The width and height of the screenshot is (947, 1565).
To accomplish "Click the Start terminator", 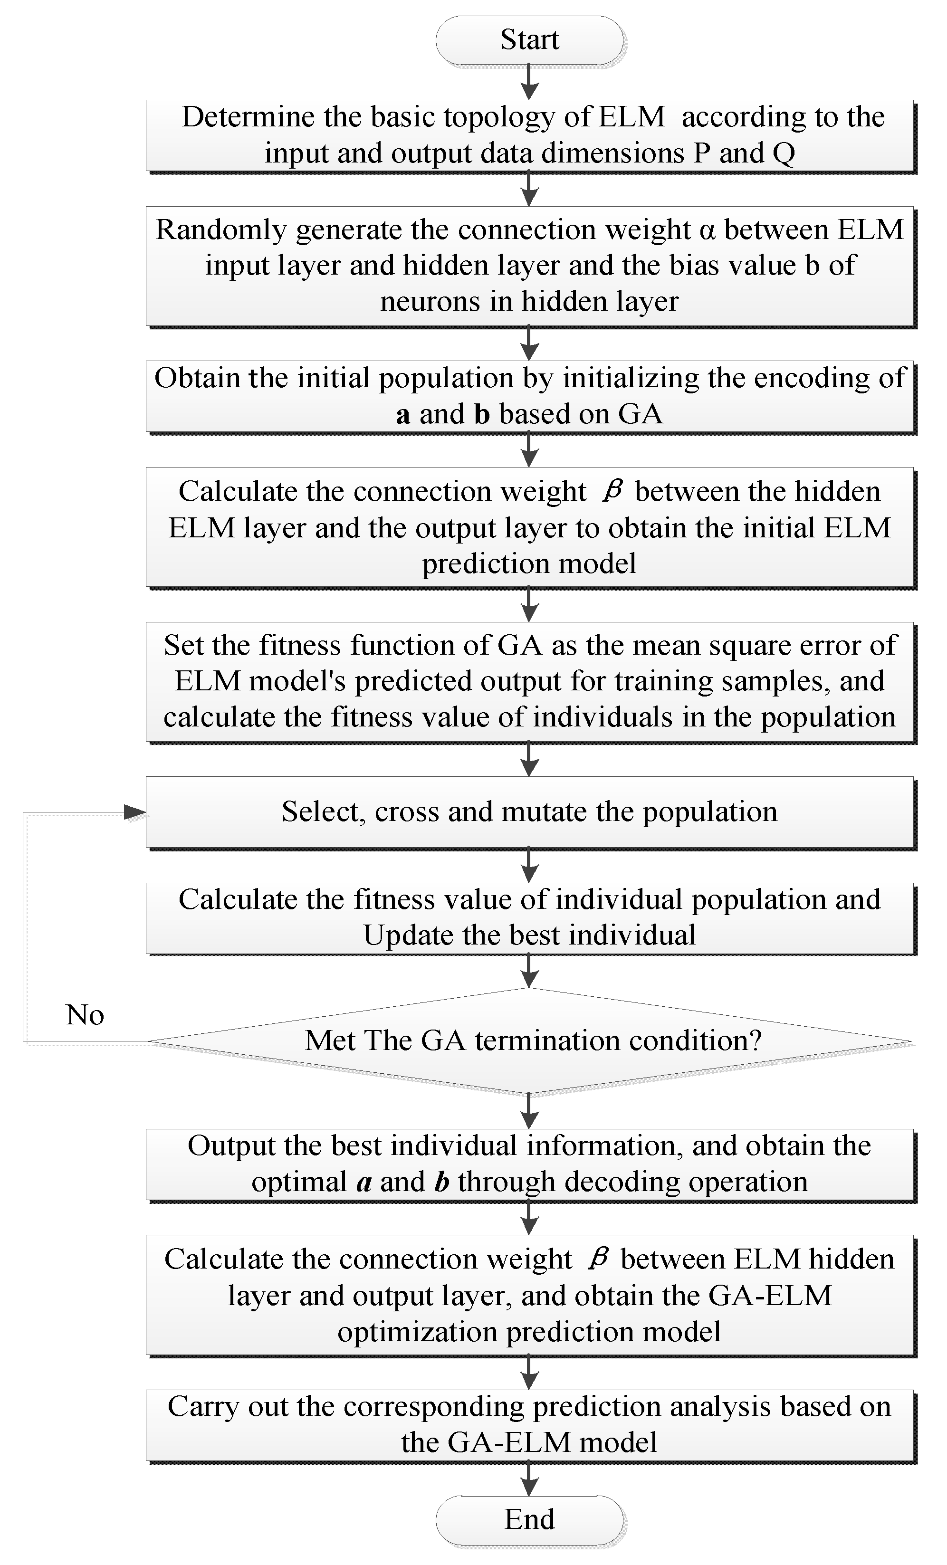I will (529, 40).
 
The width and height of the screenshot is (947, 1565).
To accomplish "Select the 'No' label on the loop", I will (85, 1015).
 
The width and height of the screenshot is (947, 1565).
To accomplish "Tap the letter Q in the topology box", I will (784, 154).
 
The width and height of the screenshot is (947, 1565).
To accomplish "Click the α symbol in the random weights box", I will (706, 230).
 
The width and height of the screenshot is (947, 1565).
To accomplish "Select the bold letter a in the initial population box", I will (402, 415).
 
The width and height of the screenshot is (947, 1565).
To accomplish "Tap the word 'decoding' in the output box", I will (619, 1182).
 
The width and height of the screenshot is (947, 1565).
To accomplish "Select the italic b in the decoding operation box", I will (442, 1182).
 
